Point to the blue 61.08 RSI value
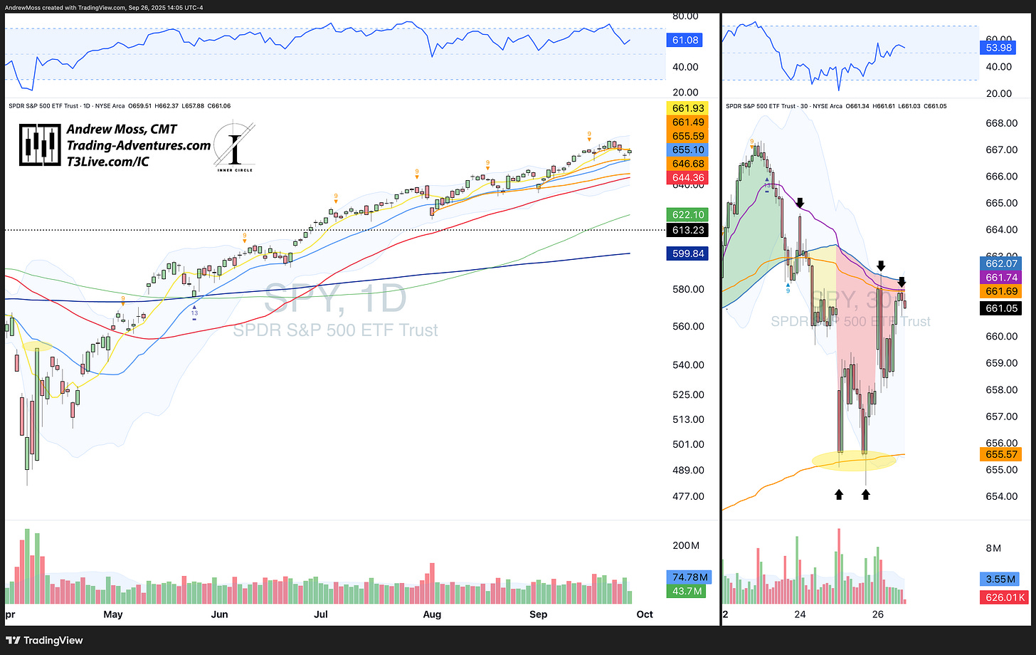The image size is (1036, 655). pos(684,41)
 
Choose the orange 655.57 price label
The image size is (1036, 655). pos(1000,454)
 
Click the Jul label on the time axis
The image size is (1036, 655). pos(321,614)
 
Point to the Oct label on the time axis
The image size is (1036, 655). pos(644,614)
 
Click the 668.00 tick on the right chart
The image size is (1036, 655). pos(1000,123)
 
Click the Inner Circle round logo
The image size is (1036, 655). pos(234,148)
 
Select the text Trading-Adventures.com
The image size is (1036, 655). pos(139,145)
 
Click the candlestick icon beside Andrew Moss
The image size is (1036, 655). pos(39,145)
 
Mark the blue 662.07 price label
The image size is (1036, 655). pos(1000,263)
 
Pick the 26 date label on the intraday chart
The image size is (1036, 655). pos(877,614)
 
